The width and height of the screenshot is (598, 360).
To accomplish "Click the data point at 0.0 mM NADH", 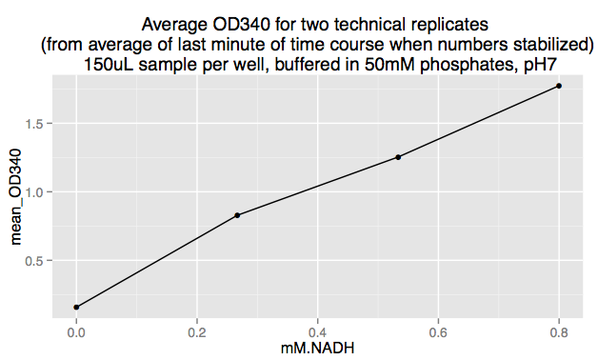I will pos(76,307).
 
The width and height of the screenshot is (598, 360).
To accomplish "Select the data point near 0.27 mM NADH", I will pos(237,215).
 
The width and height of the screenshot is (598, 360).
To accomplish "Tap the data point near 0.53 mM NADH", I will pos(398,157).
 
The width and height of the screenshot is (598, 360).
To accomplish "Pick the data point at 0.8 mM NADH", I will pos(559,86).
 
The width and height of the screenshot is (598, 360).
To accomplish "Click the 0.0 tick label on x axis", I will pos(76,333).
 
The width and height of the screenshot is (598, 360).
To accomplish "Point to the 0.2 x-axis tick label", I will pos(197,333).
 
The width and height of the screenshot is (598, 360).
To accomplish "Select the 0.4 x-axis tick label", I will pos(317,333).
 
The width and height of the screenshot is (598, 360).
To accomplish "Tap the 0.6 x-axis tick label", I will pos(438,333).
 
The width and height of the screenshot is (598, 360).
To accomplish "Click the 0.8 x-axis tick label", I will pos(559,333).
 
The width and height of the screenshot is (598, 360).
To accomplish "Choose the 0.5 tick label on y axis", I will pos(35,261).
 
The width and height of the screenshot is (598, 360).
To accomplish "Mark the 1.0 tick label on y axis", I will pos(35,192).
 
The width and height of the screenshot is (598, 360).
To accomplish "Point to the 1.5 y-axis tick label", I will pos(35,124).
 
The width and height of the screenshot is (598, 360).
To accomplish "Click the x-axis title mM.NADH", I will pos(317,350).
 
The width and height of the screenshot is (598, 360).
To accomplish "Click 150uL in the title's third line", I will pos(108,63).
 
